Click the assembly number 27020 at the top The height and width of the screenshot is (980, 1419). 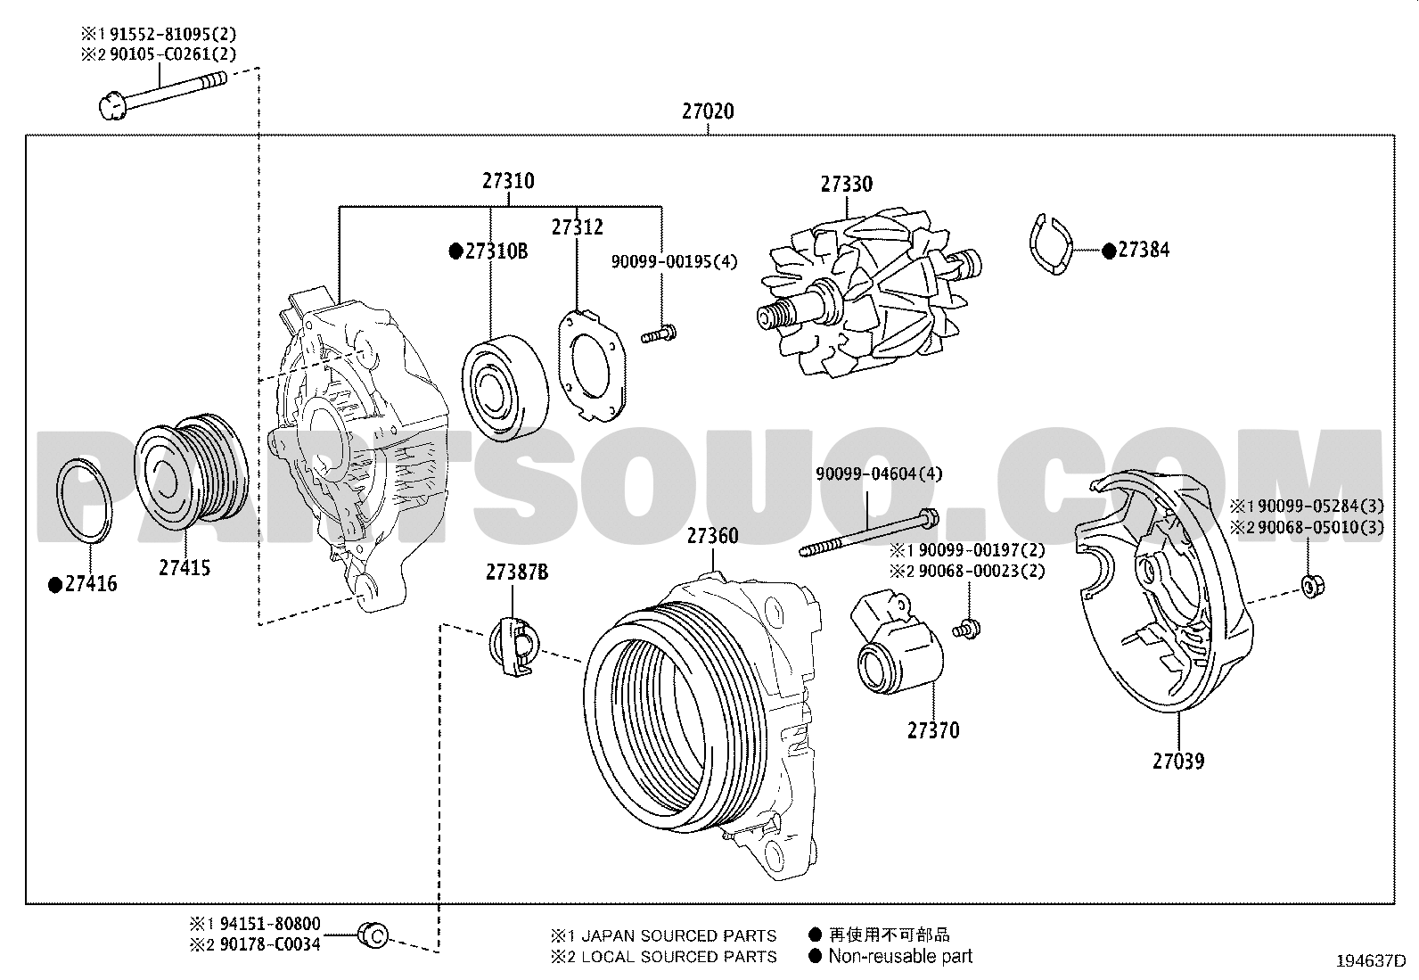click(x=708, y=111)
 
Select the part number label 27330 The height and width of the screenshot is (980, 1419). click(x=847, y=185)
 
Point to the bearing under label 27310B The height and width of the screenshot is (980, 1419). click(x=504, y=388)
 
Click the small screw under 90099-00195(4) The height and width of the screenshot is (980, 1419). click(x=659, y=334)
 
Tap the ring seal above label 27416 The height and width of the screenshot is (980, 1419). click(x=85, y=501)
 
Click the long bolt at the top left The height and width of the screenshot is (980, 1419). click(x=163, y=95)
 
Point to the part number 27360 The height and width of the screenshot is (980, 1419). click(x=713, y=536)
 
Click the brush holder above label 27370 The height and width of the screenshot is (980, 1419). click(x=896, y=641)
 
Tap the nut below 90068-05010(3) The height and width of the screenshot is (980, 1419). click(x=1313, y=586)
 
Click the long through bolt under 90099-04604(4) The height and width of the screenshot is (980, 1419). click(x=868, y=534)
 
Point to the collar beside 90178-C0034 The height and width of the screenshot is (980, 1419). click(x=373, y=935)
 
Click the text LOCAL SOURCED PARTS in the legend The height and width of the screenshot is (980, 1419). click(x=678, y=957)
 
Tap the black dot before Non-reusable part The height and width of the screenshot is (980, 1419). click(x=816, y=956)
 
